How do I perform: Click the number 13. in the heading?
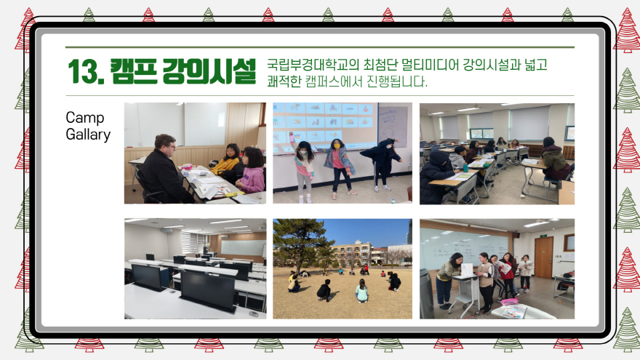point(85,72)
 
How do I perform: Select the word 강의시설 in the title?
point(209,71)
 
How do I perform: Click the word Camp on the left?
point(85,118)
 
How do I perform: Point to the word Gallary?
point(88,135)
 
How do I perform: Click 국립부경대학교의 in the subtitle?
point(313,65)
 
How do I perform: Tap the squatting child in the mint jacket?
point(361,291)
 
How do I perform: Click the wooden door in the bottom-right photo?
point(544,257)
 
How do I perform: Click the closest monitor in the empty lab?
point(207,291)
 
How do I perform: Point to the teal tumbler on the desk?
point(465,168)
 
